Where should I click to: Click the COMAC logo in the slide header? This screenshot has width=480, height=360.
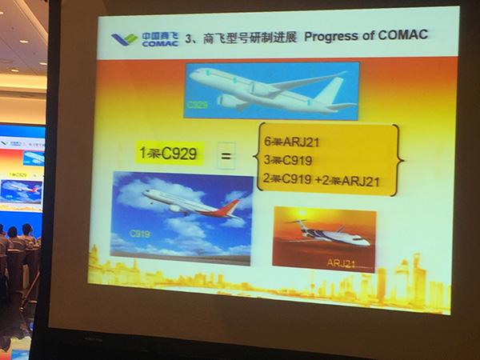pyautogui.click(x=137, y=38)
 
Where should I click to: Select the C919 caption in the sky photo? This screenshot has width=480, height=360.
pyautogui.click(x=141, y=236)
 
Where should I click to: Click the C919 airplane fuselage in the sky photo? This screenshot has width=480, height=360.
pyautogui.click(x=180, y=202)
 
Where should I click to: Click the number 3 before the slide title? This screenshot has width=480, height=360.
pyautogui.click(x=190, y=38)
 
